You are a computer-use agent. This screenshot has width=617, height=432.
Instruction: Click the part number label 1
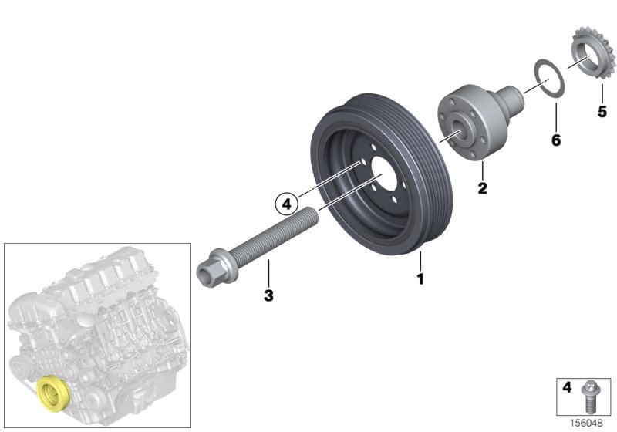[421, 278]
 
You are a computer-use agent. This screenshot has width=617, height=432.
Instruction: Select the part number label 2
[481, 187]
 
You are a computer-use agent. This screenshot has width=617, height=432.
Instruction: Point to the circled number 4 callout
[286, 204]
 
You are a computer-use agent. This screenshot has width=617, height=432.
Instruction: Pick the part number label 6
[555, 140]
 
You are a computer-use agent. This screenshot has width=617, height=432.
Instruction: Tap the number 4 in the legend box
[566, 388]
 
